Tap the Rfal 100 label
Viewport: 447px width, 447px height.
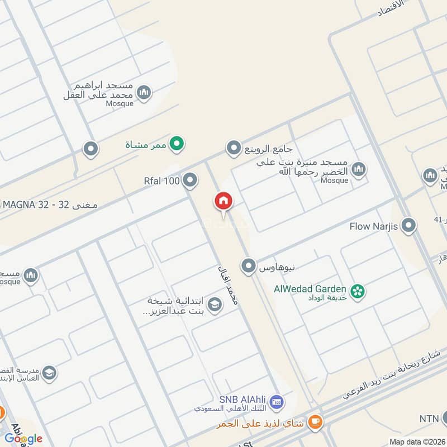click(161, 180)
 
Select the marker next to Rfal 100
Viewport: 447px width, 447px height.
click(191, 180)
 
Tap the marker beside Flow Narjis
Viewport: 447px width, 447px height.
click(409, 226)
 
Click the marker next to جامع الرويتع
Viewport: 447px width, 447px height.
click(233, 149)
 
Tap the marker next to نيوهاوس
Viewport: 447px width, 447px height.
click(249, 266)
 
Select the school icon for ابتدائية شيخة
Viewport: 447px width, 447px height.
click(213, 305)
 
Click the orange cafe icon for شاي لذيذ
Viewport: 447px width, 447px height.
click(316, 422)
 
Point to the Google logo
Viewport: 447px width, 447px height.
click(23, 438)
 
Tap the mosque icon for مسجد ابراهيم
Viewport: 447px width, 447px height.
click(144, 93)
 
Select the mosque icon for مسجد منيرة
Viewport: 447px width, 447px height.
click(359, 169)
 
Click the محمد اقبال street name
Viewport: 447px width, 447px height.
click(228, 285)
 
